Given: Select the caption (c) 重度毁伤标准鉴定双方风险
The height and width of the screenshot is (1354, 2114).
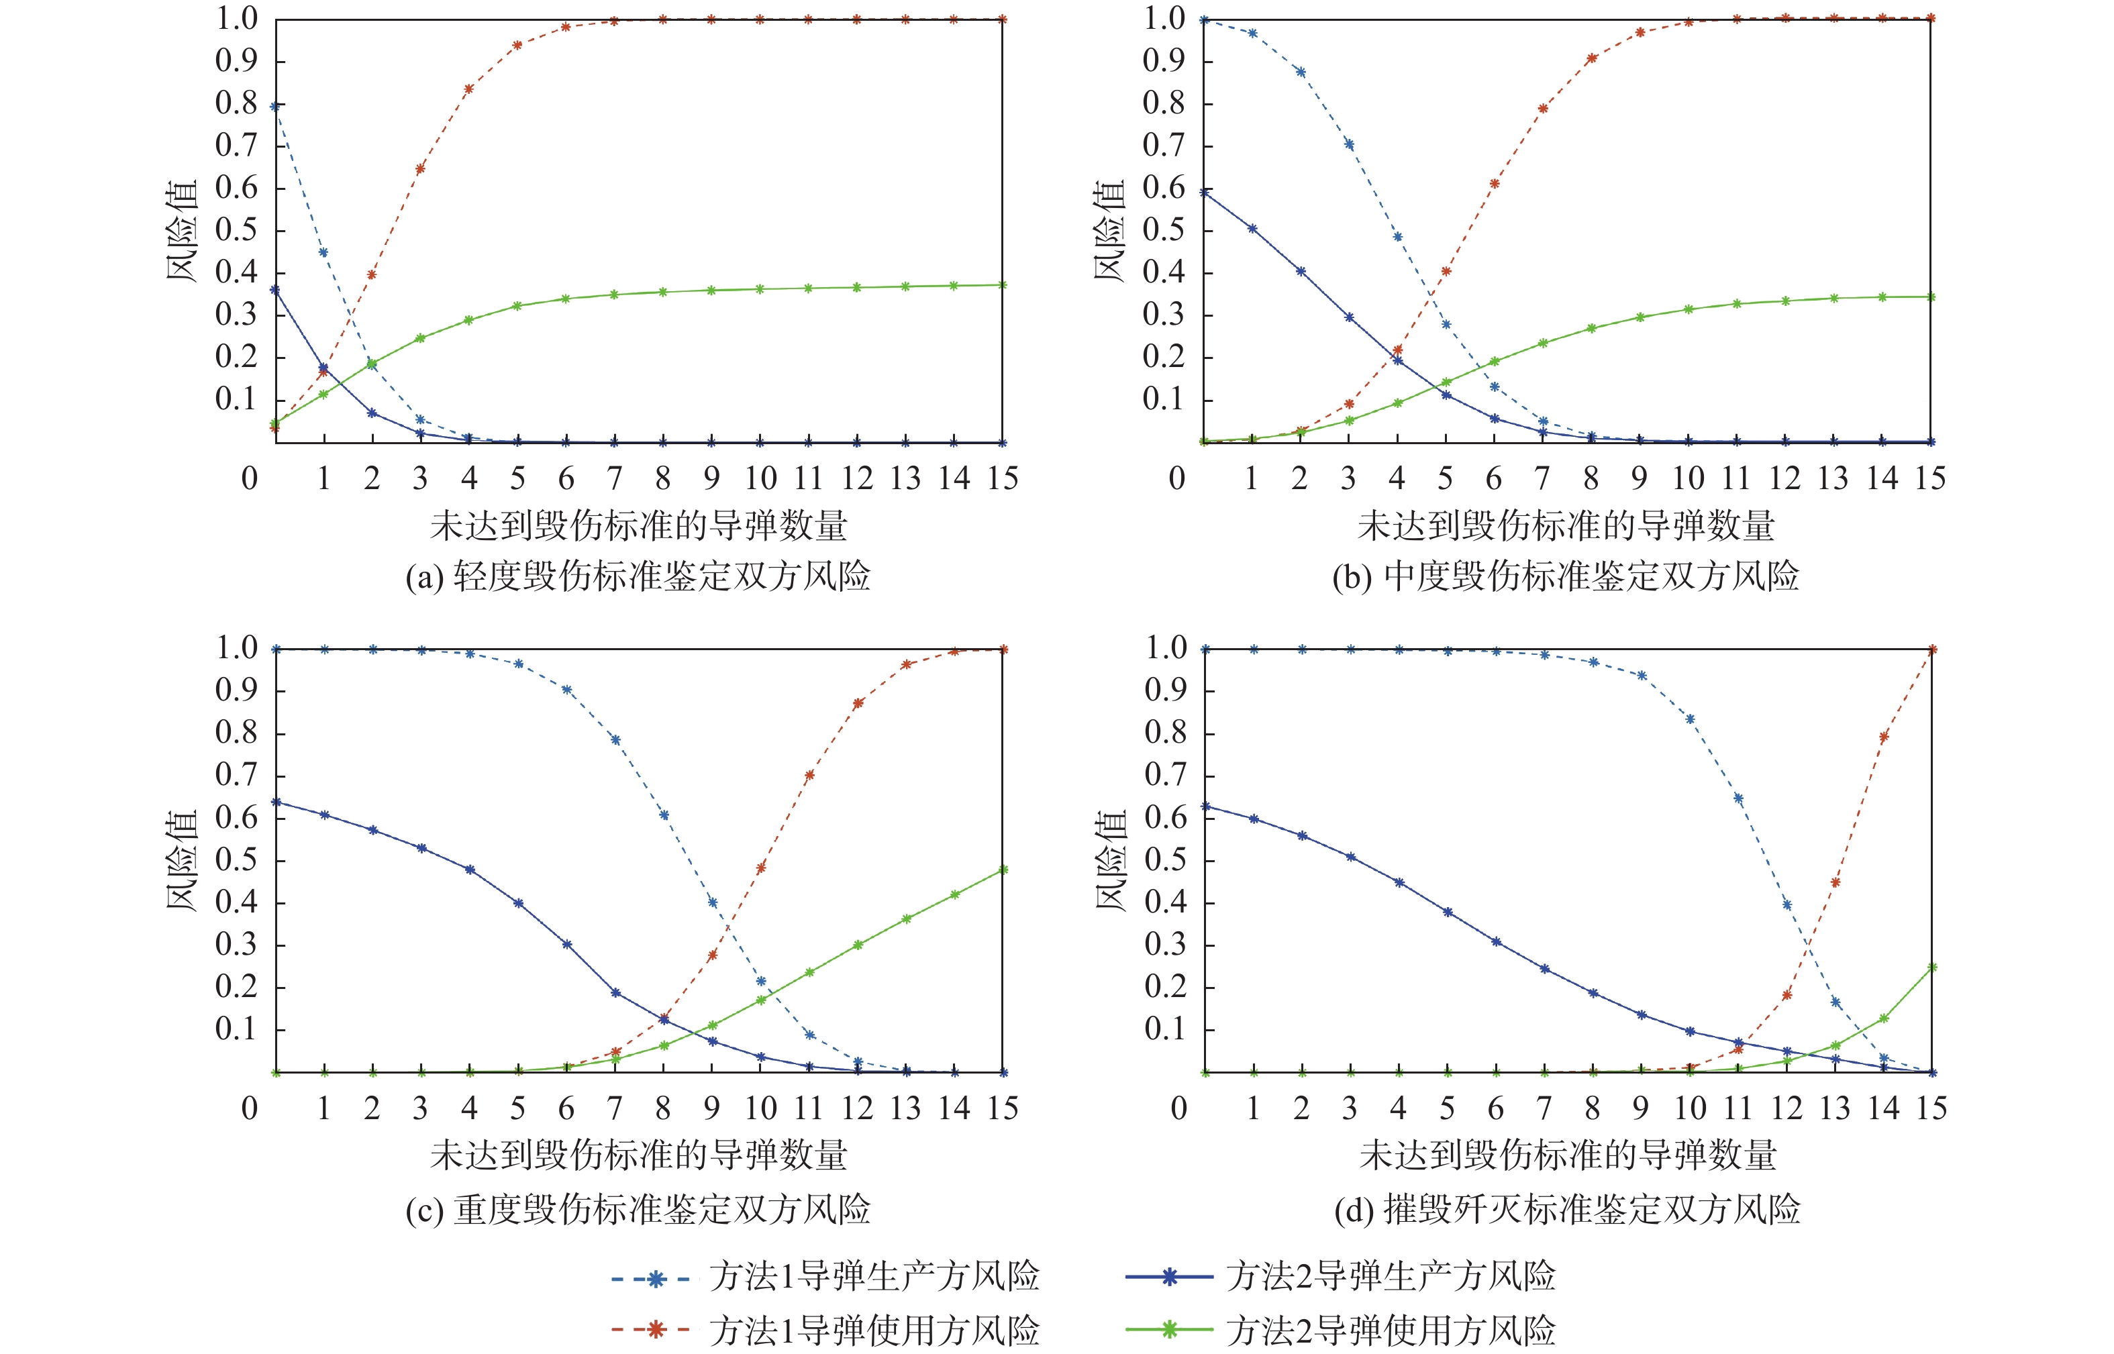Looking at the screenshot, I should [x=638, y=1210].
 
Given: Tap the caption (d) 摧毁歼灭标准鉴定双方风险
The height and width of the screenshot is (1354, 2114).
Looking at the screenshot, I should [x=1567, y=1210].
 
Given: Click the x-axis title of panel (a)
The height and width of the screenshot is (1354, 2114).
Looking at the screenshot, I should [x=638, y=526].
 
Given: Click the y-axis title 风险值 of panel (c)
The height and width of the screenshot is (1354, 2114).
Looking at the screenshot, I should [x=182, y=861].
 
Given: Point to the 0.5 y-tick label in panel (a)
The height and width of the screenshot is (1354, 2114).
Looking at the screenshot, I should [x=236, y=230].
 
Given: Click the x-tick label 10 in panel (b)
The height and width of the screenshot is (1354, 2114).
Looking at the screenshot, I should [x=1687, y=479].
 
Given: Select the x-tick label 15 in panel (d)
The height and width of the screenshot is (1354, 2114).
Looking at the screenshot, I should [x=1931, y=1108].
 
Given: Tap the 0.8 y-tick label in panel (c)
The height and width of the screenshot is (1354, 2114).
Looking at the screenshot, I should [x=236, y=733].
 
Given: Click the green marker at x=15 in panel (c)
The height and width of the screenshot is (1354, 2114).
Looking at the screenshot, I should [x=1003, y=870].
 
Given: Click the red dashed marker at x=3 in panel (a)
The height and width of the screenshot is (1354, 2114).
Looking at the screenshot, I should [x=420, y=168].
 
